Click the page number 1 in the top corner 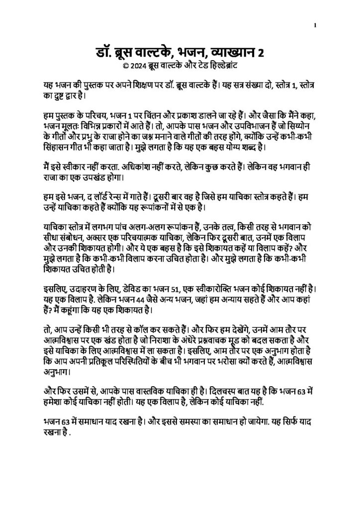point(316,24)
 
